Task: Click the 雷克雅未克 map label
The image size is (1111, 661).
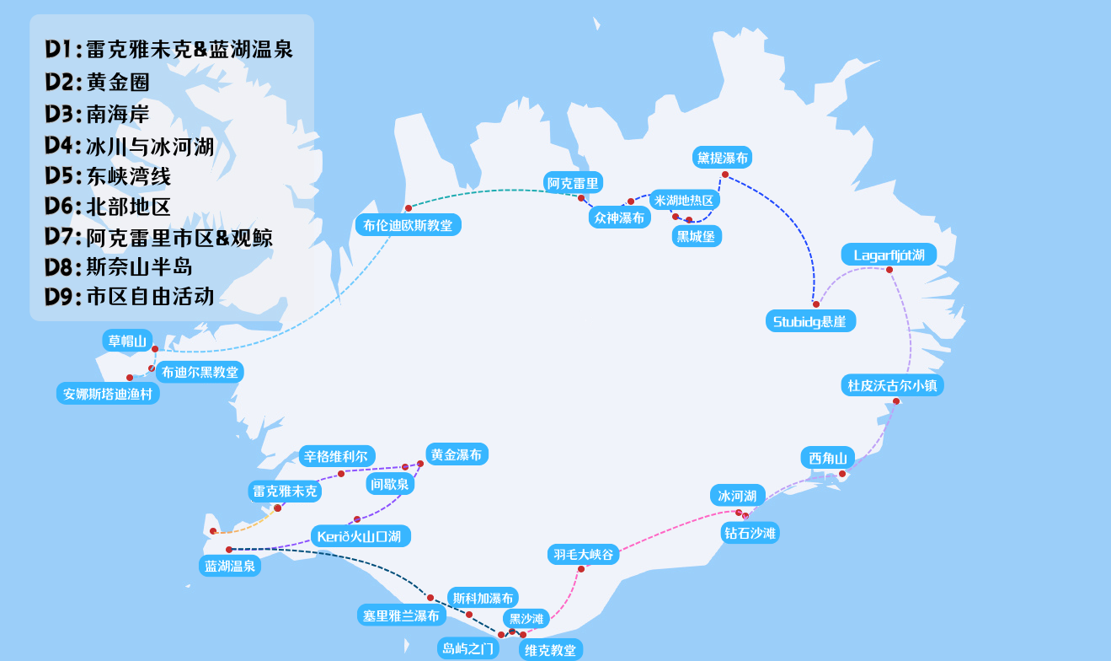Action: tap(286, 491)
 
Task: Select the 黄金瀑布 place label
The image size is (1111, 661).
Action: tap(457, 454)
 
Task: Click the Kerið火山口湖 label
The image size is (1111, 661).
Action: tap(361, 535)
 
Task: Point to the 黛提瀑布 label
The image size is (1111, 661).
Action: tap(722, 157)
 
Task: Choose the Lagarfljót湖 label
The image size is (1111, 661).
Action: tap(889, 255)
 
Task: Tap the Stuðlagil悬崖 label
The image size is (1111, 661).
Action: tap(810, 321)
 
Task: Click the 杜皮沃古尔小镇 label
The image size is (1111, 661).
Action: tap(893, 385)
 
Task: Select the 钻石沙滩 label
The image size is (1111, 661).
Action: tap(750, 532)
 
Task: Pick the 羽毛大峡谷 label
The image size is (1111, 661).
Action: tap(584, 554)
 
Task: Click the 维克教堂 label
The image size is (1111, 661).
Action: tap(551, 649)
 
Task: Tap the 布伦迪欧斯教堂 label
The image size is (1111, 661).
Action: tap(408, 225)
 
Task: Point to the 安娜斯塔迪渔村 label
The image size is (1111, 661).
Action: tap(109, 393)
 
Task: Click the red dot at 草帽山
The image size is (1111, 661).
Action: tap(155, 348)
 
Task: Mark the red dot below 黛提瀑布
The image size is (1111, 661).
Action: tap(725, 175)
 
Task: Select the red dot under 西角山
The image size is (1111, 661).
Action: tap(842, 474)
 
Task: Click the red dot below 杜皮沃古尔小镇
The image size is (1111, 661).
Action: tap(896, 401)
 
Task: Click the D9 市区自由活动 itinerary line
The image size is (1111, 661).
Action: tap(130, 297)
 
